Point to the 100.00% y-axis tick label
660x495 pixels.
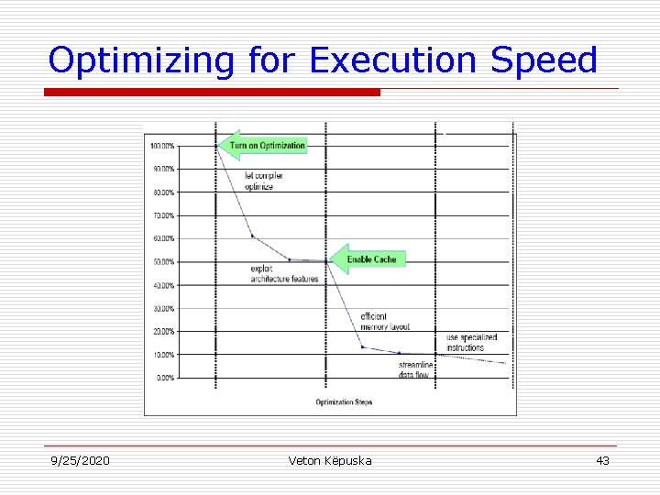163,146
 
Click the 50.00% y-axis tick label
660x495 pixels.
165,262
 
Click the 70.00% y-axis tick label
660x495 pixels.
165,215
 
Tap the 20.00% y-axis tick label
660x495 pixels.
165,331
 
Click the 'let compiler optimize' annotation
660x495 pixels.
263,181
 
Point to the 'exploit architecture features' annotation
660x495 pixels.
284,274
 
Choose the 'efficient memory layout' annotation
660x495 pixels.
385,322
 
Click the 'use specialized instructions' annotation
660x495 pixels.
472,343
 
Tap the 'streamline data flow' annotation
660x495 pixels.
415,370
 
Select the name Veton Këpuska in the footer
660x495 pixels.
330,460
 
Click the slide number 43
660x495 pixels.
602,460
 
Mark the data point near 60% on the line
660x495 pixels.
253,236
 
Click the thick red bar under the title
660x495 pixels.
213,93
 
